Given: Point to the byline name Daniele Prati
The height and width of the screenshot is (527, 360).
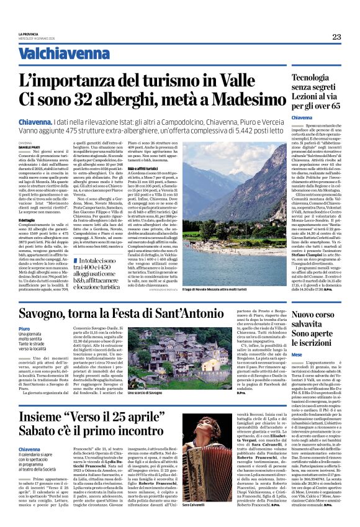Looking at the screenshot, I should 29,146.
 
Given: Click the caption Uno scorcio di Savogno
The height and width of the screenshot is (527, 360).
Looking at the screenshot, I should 147,394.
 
